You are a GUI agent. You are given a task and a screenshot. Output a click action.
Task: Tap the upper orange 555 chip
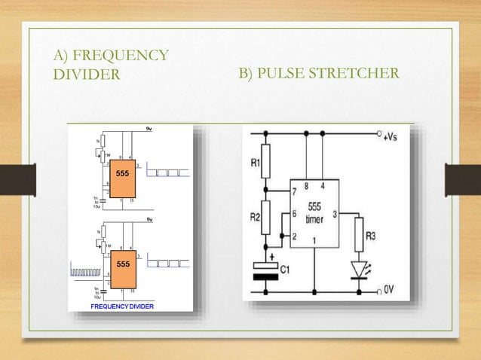coord(122,175)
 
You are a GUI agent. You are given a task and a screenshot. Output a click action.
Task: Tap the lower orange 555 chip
coord(122,265)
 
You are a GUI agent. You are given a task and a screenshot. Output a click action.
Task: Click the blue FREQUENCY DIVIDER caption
coord(123,307)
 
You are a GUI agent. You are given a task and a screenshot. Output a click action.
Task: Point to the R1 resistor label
coord(254,161)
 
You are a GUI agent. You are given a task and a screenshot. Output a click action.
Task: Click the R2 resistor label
coord(254,218)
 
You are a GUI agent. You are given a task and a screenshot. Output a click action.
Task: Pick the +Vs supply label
coord(392,137)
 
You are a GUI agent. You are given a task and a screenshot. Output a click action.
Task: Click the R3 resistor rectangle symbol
coord(360,233)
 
